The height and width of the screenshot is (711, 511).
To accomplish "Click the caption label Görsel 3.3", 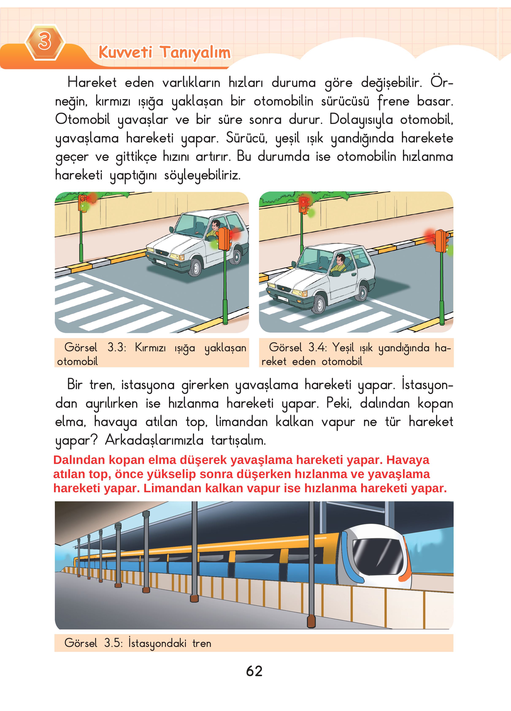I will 95,347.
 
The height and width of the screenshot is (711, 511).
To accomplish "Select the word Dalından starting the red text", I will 79,460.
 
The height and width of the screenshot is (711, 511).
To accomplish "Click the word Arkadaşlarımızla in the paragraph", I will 154,440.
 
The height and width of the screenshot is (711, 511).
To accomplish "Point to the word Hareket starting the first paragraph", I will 92,83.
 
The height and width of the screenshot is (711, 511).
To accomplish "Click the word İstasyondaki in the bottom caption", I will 157,643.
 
